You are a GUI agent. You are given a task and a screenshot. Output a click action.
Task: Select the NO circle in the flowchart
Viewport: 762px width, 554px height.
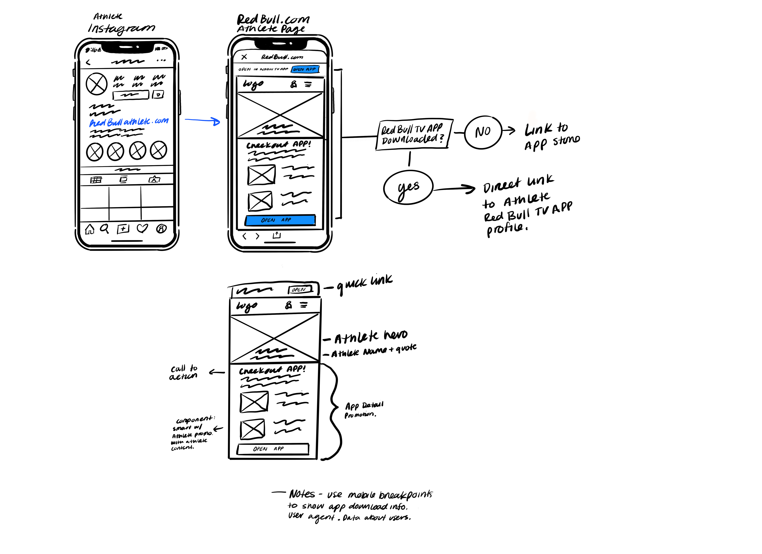coord(483,132)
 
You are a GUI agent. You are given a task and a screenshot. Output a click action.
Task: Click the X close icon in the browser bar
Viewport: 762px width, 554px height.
coord(244,57)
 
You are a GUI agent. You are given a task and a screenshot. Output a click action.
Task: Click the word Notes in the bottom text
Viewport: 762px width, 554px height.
coord(302,494)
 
